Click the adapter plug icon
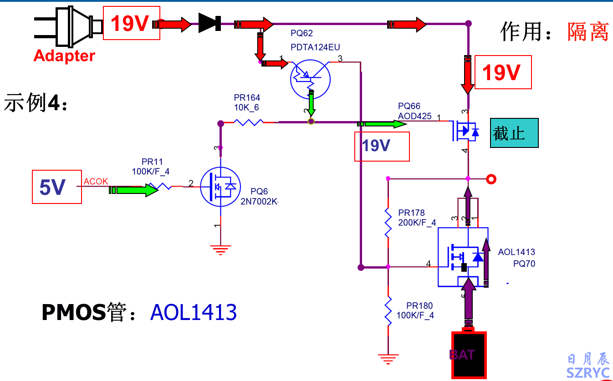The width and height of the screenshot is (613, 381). [68, 26]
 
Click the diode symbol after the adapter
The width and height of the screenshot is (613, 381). [210, 23]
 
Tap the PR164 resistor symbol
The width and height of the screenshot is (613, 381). [248, 122]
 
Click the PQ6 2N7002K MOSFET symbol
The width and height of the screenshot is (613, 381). [220, 186]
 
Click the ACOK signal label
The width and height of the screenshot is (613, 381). [96, 182]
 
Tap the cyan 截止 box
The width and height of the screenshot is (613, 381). [514, 133]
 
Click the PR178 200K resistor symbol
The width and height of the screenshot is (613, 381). [388, 223]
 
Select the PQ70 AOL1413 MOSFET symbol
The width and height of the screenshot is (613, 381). [463, 257]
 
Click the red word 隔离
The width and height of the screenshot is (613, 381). [588, 32]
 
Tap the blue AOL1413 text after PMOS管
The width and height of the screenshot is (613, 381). [194, 313]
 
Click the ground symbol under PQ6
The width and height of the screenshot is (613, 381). [220, 249]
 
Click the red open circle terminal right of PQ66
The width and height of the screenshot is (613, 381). [491, 179]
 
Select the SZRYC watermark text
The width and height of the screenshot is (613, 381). [588, 373]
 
